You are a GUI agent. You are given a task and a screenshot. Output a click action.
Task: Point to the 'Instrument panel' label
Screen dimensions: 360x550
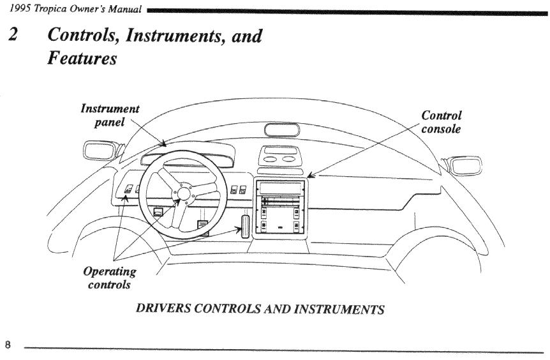coord(110,115)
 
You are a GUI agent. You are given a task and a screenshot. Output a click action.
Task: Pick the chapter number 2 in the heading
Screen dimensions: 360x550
coord(12,36)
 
